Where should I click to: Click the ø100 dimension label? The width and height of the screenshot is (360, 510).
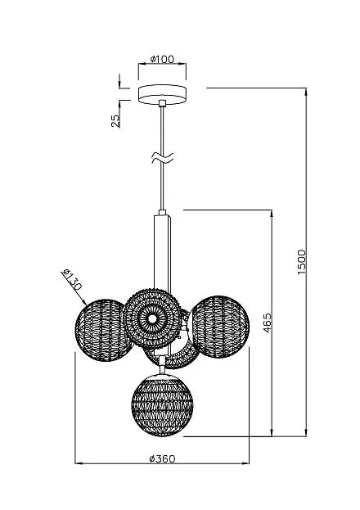(162, 59)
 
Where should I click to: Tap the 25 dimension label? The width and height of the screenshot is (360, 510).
(115, 121)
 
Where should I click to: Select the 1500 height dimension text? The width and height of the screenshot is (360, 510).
(302, 262)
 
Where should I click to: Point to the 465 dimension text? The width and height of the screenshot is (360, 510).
(267, 323)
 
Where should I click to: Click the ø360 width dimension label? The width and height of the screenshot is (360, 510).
(162, 459)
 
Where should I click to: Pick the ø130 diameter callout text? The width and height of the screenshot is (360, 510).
(71, 280)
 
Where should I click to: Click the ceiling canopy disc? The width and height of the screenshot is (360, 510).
(162, 94)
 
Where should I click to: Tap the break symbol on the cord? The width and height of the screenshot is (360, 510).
(162, 158)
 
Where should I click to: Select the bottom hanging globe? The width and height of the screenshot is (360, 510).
(163, 405)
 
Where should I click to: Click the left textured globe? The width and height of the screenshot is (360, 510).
(103, 331)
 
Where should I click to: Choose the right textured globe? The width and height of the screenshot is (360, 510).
(219, 327)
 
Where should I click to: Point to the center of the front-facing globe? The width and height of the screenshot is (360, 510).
(152, 318)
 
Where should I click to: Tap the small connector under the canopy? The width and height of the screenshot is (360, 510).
(162, 103)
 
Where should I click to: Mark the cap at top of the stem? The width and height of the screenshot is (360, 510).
(162, 213)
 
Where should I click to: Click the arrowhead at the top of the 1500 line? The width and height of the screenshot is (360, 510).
(306, 91)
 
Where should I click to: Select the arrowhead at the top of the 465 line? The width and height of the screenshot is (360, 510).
(272, 213)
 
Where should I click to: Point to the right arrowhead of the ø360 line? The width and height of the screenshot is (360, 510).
(245, 463)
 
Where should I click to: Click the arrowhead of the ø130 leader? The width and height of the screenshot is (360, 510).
(83, 302)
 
